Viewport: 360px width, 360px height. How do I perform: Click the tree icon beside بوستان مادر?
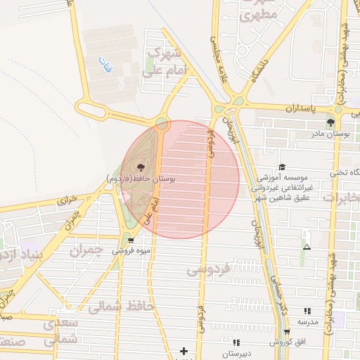point(330,122)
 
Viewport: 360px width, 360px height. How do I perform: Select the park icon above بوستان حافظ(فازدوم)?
point(141,167)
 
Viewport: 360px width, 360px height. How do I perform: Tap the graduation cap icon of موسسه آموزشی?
point(282,167)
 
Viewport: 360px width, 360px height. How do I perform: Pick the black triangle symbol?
point(307,247)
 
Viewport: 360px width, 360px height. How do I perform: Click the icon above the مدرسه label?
point(307,310)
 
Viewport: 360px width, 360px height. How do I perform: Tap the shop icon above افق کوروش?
point(286,332)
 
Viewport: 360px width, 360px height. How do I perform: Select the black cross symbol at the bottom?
point(184,351)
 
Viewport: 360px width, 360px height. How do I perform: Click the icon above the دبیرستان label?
point(236,342)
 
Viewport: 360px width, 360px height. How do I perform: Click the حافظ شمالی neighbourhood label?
point(116,305)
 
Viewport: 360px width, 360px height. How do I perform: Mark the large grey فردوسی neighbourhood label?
point(208,269)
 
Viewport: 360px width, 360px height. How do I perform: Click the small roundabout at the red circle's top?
point(162,124)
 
